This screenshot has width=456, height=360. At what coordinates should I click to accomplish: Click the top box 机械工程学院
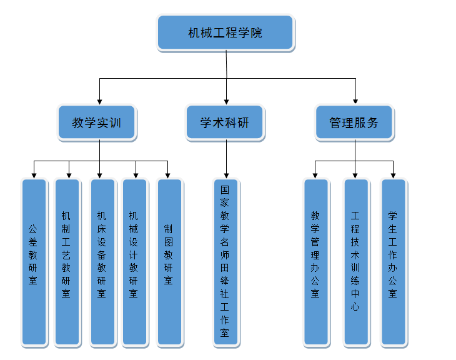225,33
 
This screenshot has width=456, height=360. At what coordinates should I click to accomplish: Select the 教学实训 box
97,122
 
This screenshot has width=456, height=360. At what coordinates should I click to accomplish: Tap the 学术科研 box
225,122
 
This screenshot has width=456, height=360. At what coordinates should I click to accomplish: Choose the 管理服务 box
354,122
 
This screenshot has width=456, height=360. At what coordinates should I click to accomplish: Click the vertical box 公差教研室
34,262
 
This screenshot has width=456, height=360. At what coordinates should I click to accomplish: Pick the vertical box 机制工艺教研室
67,262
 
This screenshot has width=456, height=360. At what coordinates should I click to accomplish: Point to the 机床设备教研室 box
102,262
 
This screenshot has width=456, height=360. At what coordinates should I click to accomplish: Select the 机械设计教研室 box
134,262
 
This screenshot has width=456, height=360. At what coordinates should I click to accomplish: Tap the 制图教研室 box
169,262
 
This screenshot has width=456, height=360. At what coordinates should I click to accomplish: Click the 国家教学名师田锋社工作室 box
225,262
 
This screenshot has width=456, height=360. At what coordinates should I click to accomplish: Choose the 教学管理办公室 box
315,262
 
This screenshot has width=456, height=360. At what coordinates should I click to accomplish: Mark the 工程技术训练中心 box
355,262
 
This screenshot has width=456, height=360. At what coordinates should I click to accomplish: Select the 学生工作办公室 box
393,262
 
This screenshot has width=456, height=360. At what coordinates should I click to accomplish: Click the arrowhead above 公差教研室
34,174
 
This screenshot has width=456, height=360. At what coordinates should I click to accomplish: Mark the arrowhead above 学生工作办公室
394,174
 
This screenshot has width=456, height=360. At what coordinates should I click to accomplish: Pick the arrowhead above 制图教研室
167,174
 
